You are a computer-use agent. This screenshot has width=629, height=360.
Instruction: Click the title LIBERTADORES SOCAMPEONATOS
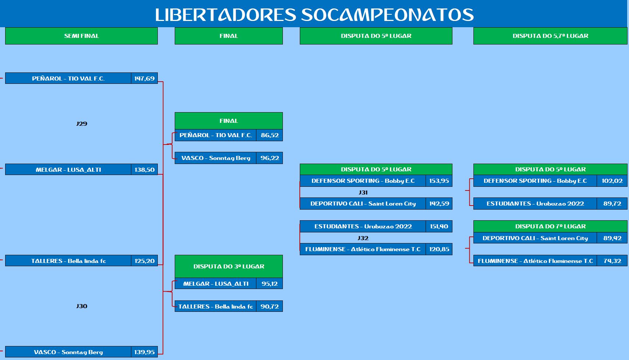click(x=314, y=15)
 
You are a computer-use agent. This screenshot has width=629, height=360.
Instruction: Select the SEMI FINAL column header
click(x=81, y=36)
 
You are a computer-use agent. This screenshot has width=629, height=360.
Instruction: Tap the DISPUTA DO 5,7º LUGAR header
click(x=550, y=36)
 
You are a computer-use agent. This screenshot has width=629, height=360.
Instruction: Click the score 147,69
click(x=144, y=78)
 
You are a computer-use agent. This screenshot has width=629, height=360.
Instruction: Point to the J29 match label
click(x=82, y=124)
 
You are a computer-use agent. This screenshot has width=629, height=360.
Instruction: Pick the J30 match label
click(x=82, y=306)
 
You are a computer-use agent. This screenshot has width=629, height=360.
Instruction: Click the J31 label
click(x=363, y=192)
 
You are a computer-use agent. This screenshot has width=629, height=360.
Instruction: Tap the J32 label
click(x=363, y=238)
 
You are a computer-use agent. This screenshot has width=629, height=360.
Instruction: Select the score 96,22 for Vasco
click(x=270, y=158)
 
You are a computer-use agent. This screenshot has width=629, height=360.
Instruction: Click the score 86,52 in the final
click(x=270, y=135)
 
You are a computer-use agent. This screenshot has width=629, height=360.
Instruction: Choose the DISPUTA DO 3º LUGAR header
click(x=229, y=266)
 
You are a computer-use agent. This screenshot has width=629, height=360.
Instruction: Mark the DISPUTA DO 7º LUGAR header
click(x=550, y=227)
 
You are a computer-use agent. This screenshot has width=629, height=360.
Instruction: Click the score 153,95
click(x=439, y=181)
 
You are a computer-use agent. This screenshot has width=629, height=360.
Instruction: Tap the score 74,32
click(x=612, y=261)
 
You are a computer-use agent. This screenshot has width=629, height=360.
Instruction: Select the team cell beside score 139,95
click(x=68, y=352)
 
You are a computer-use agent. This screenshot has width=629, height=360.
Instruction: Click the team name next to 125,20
click(x=68, y=261)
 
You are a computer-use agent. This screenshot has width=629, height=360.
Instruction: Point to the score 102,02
click(x=612, y=181)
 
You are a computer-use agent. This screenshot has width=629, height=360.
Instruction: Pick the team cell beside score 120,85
click(x=363, y=249)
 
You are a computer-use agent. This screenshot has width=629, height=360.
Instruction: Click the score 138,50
click(x=144, y=170)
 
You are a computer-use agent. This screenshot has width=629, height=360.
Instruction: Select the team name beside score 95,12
click(x=216, y=284)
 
